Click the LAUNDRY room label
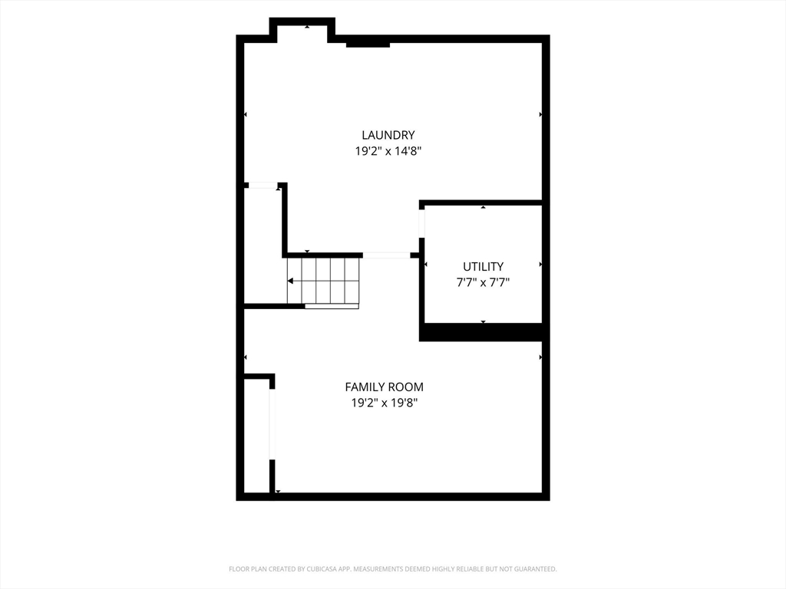tap(388, 135)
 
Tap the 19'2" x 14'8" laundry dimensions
tap(388, 151)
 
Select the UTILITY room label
tap(483, 266)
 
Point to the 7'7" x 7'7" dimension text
tap(483, 282)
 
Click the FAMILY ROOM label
tap(384, 387)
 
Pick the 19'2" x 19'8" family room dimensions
tap(384, 403)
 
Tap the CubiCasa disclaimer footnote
tap(392, 569)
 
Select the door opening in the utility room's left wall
tap(422, 223)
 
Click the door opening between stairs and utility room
tap(386, 255)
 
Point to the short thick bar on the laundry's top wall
tap(368, 45)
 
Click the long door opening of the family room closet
tap(272, 423)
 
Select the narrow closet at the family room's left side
tap(256, 436)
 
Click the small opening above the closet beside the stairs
tap(263, 186)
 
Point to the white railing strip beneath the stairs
tap(332, 306)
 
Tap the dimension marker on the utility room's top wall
tap(484, 207)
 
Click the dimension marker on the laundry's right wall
tap(540, 115)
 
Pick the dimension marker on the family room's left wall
tap(245, 357)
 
